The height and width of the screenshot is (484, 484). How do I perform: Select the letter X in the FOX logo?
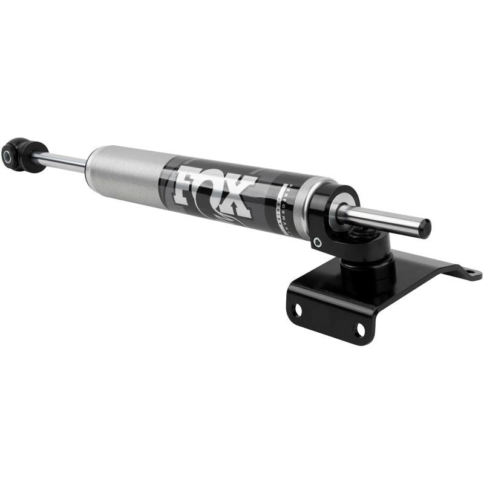tap(241, 198)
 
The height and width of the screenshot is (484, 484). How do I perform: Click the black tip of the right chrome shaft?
tap(424, 228)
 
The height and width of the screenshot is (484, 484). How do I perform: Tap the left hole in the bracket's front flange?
tap(296, 310)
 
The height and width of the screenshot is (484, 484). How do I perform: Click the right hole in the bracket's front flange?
tap(359, 330)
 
